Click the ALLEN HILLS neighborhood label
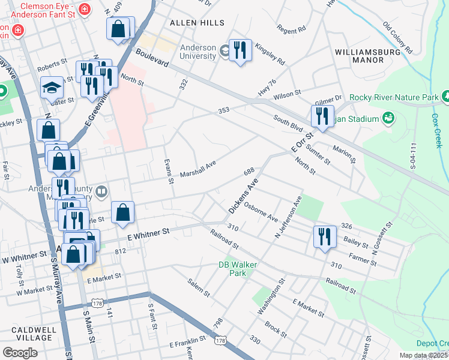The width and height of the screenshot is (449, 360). [x=197, y=23]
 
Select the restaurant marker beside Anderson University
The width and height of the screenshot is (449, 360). [x=240, y=51]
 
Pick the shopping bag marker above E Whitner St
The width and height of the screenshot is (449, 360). [x=122, y=212]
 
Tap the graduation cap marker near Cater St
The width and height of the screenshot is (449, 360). [x=52, y=88]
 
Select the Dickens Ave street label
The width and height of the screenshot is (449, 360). [x=243, y=196]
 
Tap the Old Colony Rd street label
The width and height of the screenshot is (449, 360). [x=397, y=37]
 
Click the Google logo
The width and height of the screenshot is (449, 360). [x=20, y=352]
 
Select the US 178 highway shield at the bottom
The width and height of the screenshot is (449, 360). [x=220, y=340]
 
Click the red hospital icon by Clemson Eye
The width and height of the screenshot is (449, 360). [x=83, y=10]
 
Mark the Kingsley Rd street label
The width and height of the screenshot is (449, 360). [x=270, y=52]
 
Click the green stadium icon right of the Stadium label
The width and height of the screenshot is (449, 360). [x=388, y=118]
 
